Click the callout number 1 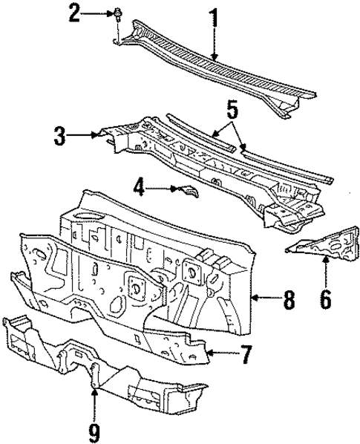click(215, 19)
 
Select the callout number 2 click(95, 13)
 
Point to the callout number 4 click(138, 189)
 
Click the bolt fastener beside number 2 click(119, 13)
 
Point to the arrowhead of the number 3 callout click(96, 135)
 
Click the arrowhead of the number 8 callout click(254, 298)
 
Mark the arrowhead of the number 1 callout click(215, 58)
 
